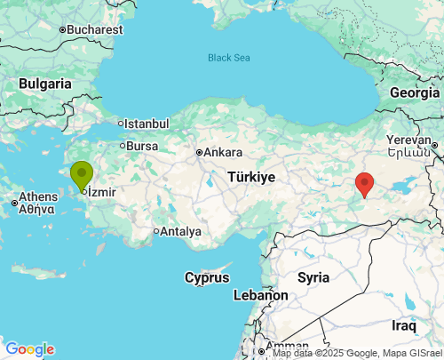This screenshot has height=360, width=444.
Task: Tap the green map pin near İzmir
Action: point(82,174)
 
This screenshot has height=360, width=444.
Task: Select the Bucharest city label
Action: point(94,29)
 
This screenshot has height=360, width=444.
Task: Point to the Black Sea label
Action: point(229,58)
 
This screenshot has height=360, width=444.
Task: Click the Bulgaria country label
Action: point(44,83)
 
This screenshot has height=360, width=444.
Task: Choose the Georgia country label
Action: point(415,92)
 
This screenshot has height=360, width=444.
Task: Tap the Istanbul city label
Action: point(147,124)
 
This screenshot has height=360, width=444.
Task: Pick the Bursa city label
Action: point(142,146)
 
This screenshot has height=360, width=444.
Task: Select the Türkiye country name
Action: point(250,177)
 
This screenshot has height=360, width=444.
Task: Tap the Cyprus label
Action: point(207,277)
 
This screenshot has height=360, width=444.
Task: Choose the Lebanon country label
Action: point(260,295)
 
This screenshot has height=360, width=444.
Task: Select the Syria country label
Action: point(313,277)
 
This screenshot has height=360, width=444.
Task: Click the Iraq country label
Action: point(404,325)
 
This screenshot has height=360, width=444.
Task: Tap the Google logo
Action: point(29,349)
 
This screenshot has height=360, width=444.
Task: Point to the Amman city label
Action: point(287,346)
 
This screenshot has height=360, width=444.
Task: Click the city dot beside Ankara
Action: point(200,152)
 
